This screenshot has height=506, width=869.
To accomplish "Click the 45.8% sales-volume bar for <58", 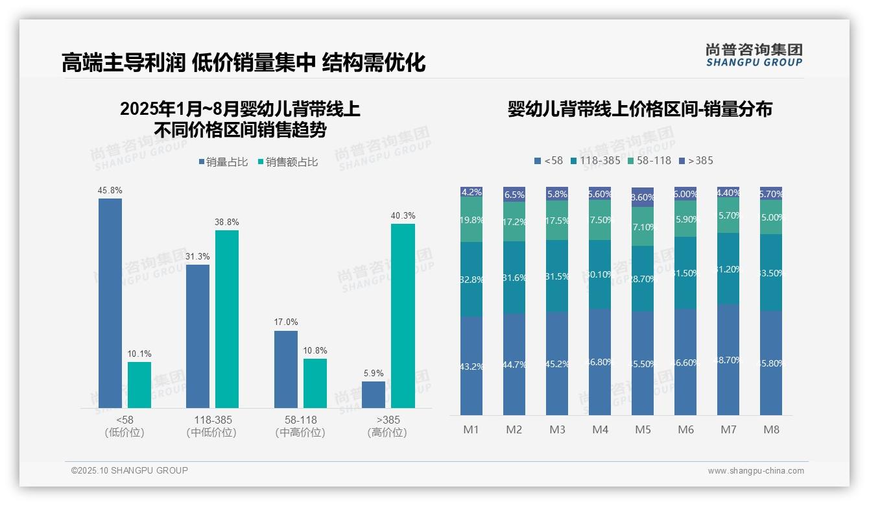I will click(110, 303).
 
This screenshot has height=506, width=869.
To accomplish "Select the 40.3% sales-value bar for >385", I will click(403, 316).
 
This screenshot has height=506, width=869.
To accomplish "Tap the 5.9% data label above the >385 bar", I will click(374, 373).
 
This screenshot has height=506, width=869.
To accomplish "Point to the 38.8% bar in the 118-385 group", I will click(227, 319).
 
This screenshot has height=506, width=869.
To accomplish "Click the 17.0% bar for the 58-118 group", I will click(286, 369).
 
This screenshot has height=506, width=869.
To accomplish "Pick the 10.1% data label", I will click(139, 354).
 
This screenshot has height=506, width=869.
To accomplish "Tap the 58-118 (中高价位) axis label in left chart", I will click(300, 426).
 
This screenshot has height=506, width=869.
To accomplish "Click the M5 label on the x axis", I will click(643, 429).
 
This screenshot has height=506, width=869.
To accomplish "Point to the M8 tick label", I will click(771, 429).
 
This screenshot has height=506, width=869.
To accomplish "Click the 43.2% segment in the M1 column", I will click(471, 366).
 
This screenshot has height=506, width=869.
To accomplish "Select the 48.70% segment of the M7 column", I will click(728, 359).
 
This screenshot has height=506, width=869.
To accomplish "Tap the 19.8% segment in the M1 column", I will click(471, 220).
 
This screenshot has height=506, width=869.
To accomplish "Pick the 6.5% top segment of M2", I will click(514, 194).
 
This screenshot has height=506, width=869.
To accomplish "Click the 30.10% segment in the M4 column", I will click(600, 274).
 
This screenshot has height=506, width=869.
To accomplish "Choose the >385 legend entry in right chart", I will click(695, 160).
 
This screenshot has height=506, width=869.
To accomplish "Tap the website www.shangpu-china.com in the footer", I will click(756, 471).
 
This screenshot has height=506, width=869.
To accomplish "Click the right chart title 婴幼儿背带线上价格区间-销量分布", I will click(639, 109).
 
